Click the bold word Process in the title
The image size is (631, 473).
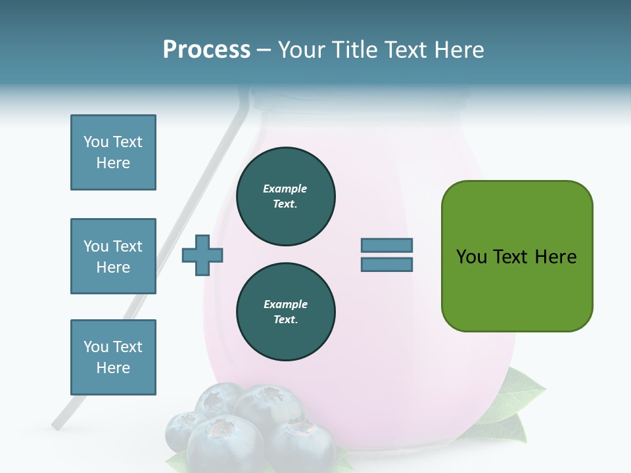pyautogui.click(x=206, y=50)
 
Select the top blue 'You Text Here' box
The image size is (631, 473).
pyautogui.click(x=113, y=152)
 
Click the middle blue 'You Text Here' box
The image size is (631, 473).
pyautogui.click(x=113, y=256)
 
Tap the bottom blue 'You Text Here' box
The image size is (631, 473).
pyautogui.click(x=113, y=357)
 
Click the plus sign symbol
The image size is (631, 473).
pyautogui.click(x=202, y=255)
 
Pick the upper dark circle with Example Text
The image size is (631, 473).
pyautogui.click(x=285, y=196)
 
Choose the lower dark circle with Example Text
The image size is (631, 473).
pyautogui.click(x=285, y=312)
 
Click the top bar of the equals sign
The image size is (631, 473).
pyautogui.click(x=386, y=246)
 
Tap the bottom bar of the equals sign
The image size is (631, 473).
pyautogui.click(x=386, y=265)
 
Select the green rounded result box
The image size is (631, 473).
pyautogui.click(x=517, y=256)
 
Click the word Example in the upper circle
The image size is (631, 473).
pyautogui.click(x=285, y=189)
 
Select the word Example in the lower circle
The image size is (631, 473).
pyautogui.click(x=285, y=304)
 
